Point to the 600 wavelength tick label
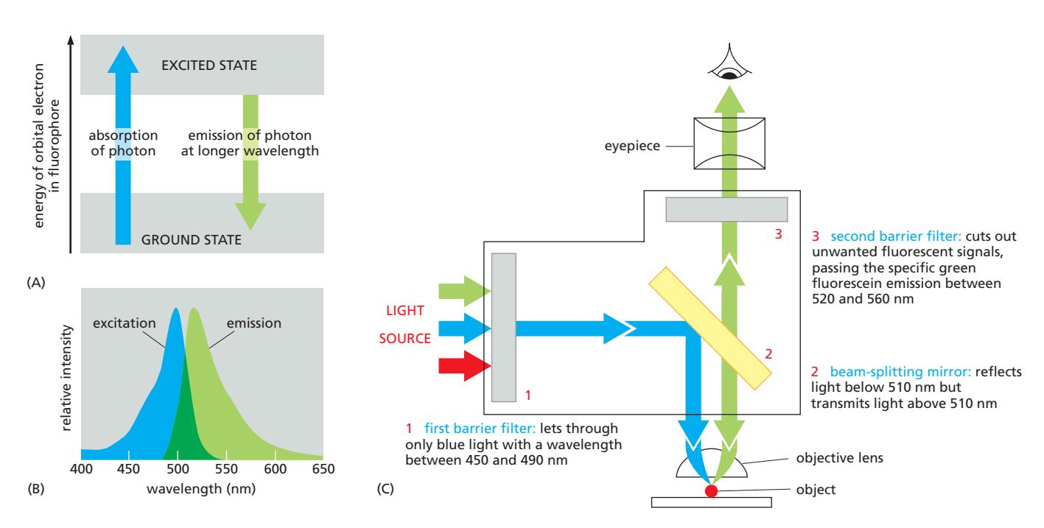275,469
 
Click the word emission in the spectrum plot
256,323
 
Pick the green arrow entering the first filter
463,292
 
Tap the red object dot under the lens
711,490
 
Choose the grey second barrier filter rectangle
726,209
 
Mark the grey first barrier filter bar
504,326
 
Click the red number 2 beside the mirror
768,353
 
